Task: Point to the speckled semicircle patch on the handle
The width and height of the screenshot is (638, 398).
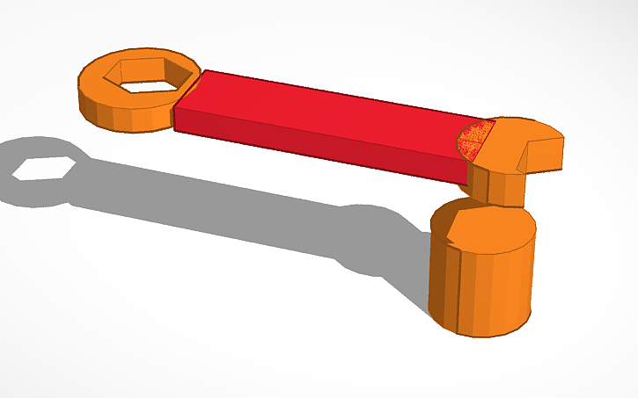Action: point(474,141)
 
